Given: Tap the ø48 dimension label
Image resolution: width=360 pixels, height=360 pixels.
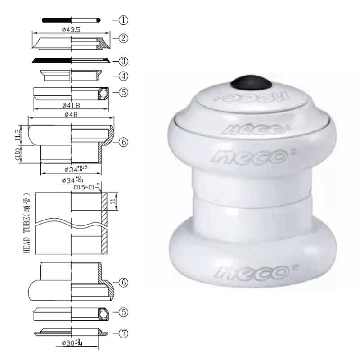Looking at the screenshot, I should [x=71, y=115].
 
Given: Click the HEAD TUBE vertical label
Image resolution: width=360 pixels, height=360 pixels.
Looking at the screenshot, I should [x=26, y=223].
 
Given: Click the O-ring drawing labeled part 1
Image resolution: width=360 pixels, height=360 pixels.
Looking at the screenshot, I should [x=72, y=20].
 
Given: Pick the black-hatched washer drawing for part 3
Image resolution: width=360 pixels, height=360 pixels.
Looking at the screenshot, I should [x=72, y=60].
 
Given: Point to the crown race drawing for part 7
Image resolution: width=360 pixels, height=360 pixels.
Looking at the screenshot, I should [x=72, y=332].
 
